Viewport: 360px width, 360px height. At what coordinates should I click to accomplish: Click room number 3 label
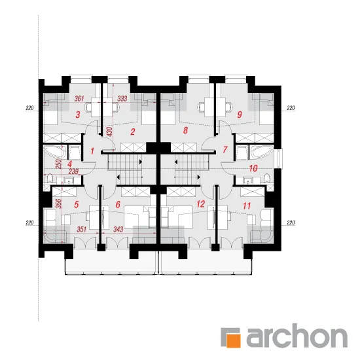pos(78,115)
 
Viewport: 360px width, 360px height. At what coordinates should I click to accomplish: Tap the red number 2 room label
pos(132,132)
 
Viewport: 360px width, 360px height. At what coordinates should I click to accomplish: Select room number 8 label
pos(185,130)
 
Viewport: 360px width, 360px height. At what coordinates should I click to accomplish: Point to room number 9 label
pos(240,115)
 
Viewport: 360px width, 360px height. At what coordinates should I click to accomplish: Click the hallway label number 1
pos(92,151)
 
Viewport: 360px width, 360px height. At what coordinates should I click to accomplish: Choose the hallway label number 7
pos(225,149)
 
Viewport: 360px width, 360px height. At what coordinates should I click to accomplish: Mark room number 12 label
pos(201,204)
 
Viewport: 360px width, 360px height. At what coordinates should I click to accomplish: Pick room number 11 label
pos(247,206)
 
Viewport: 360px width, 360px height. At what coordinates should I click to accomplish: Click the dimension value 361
pos(79,98)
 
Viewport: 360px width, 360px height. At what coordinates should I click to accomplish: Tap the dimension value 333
pos(122,98)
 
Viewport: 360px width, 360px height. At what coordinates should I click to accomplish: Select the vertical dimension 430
pos(109,132)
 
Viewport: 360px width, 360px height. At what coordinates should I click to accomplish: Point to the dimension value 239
pos(73,171)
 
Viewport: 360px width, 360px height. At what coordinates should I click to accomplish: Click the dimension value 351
pos(82,229)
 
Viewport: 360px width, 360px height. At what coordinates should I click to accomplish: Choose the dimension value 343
pos(118,229)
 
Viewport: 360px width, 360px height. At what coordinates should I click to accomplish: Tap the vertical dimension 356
pos(59,204)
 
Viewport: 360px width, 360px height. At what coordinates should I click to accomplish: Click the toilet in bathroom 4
pos(49,178)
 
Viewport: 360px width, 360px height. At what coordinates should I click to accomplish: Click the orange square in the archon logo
pos(233,341)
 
